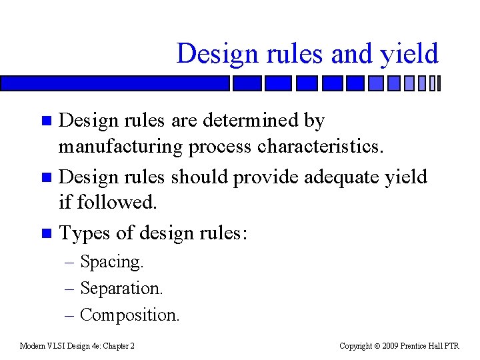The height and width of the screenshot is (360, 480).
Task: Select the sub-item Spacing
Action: point(111,262)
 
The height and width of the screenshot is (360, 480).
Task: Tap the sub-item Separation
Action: point(121,288)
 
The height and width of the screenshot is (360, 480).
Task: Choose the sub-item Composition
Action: point(129,315)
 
